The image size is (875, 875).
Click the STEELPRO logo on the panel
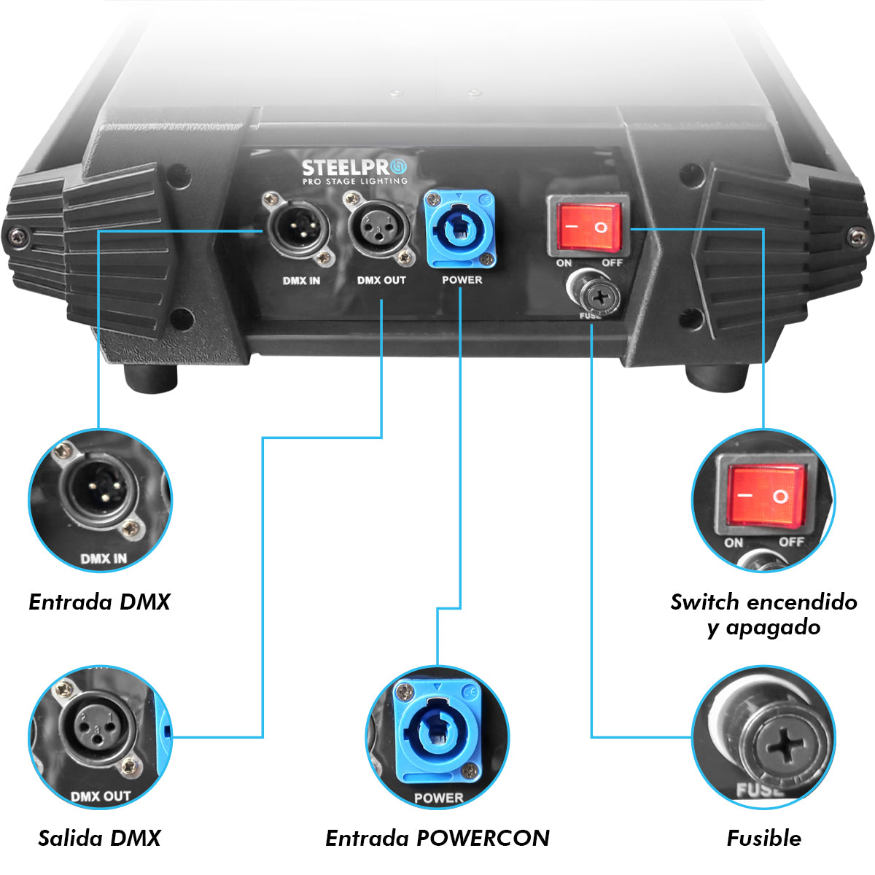(x=354, y=171)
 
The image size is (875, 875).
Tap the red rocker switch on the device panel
(x=588, y=227)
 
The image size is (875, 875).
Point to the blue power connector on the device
(x=459, y=230)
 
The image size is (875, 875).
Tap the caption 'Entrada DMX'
(x=99, y=602)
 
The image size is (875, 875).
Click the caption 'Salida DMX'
(x=99, y=838)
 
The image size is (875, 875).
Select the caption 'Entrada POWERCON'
(x=437, y=838)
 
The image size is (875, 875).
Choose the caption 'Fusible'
(x=763, y=838)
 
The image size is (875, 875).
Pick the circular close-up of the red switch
(x=763, y=500)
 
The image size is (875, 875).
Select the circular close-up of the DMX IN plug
(x=101, y=500)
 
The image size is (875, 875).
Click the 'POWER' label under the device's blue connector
(x=462, y=280)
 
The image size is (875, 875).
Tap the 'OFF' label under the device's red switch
(x=612, y=263)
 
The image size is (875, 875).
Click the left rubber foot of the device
(x=151, y=378)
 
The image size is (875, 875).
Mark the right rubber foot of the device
(x=717, y=378)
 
